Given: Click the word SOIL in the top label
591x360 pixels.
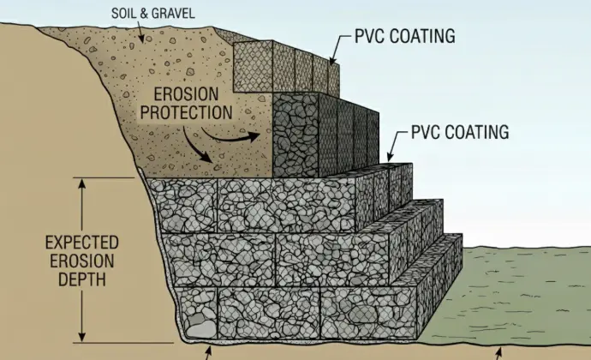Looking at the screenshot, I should pos(123,15).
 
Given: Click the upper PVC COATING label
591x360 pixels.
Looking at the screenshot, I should pos(404,37).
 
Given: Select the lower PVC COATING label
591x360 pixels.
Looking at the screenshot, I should pos(460,132).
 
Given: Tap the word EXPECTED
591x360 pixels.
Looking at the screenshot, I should pos(81,243).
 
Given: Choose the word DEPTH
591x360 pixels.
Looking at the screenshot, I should pos(81,280).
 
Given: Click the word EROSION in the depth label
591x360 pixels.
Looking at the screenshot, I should pos(81,261).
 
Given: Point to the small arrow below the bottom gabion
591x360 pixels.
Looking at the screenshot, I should pos(207,352).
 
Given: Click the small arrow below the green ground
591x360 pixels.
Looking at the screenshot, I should pos(499,352).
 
